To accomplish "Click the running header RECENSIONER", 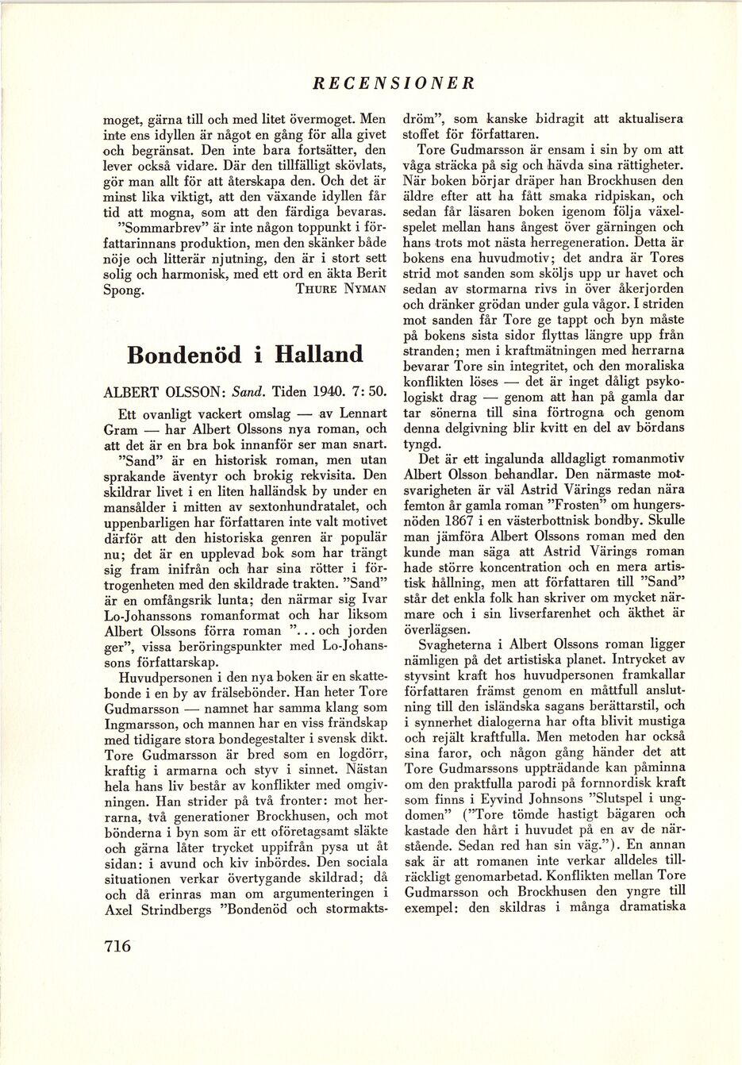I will [394, 83].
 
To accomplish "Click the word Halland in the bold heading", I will [318, 354].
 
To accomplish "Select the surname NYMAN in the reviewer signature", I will [365, 289].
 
